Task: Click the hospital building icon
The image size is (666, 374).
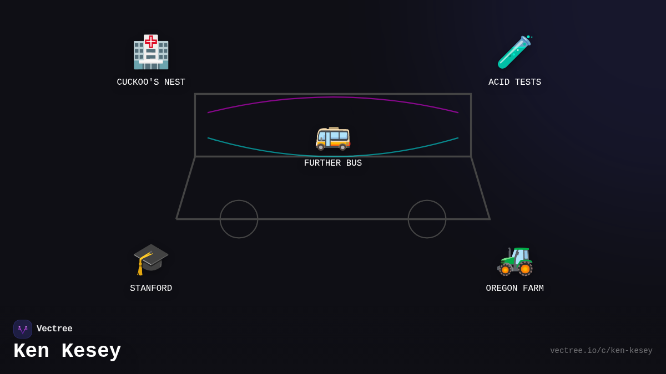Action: (151, 53)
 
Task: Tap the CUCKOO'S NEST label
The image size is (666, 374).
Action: (151, 83)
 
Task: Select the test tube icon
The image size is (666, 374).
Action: (514, 52)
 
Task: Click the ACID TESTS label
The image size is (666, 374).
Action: (514, 83)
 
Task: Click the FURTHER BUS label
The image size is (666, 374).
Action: (333, 163)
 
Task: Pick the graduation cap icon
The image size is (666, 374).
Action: (150, 258)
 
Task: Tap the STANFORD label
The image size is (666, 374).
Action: (151, 289)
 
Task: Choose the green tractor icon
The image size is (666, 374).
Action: (515, 260)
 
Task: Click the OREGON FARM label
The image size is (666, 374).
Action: (514, 289)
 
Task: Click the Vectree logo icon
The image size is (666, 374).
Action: (23, 329)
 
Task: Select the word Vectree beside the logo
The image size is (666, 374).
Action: (54, 329)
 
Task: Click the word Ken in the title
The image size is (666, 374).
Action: (31, 351)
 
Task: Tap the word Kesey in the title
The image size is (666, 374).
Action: (91, 351)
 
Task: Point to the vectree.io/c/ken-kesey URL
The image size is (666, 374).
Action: (601, 351)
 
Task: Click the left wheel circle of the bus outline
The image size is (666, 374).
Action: (239, 219)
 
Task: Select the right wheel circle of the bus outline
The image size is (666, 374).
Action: (427, 219)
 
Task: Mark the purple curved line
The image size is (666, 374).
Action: (333, 98)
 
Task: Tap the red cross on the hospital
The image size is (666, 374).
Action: (151, 42)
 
